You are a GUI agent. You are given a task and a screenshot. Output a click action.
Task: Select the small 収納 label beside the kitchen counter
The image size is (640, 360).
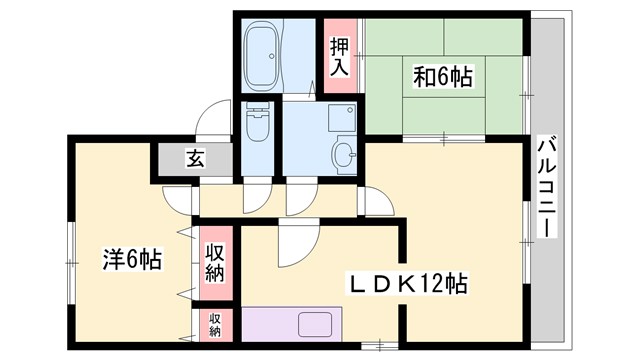pyautogui.click(x=215, y=324)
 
